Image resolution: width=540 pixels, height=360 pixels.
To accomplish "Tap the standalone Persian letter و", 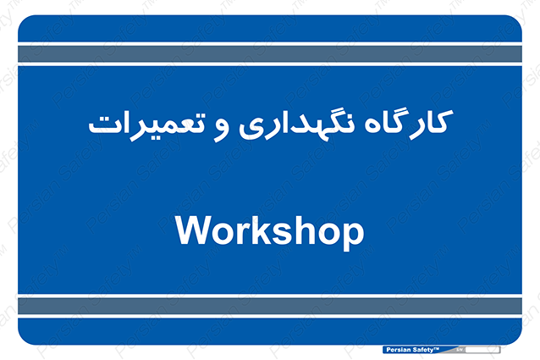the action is pyautogui.click(x=221, y=131).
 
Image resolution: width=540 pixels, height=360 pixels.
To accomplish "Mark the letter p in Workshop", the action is pyautogui.click(x=353, y=237).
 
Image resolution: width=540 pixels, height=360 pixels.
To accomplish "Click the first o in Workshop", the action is pyautogui.click(x=223, y=234).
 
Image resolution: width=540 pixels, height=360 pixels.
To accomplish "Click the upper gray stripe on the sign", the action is pyautogui.click(x=270, y=53).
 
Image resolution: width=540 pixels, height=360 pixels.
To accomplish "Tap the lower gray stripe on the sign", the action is pyautogui.click(x=270, y=307).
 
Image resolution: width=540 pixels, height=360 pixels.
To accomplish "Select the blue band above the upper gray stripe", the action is pyautogui.click(x=270, y=29).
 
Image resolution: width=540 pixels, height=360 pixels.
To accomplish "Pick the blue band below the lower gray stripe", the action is pyautogui.click(x=270, y=331).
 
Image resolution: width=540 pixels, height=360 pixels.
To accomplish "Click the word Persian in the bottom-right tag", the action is pyautogui.click(x=399, y=350).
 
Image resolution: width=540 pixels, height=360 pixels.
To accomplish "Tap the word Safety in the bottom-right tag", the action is pyautogui.click(x=423, y=350).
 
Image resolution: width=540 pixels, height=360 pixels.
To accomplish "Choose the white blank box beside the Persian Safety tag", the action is pyautogui.click(x=482, y=350).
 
